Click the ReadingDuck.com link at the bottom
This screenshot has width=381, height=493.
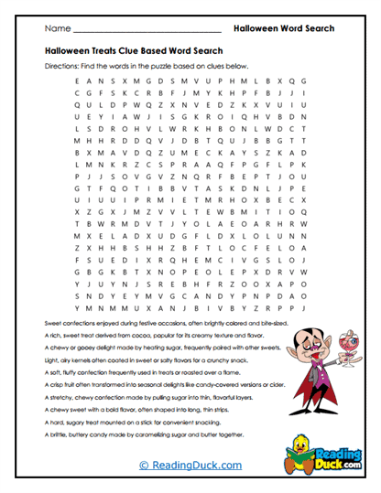pyautogui.click(x=190, y=465)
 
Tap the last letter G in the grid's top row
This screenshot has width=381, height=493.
pyautogui.click(x=302, y=81)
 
